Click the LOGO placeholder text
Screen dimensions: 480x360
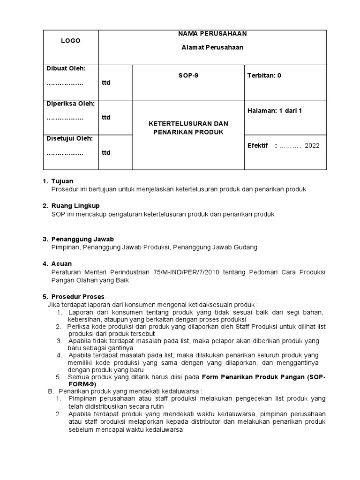tap(70, 41)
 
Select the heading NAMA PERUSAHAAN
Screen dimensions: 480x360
tap(212, 34)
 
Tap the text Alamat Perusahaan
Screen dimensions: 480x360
tap(212, 47)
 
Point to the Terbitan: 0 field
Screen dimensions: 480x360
tap(264, 75)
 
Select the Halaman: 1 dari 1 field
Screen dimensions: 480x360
tap(274, 111)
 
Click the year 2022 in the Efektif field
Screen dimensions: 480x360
tap(312, 145)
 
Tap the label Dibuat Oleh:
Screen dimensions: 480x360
tap(66, 68)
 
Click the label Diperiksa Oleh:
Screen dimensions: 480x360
tap(70, 103)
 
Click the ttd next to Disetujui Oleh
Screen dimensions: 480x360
tap(106, 153)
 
